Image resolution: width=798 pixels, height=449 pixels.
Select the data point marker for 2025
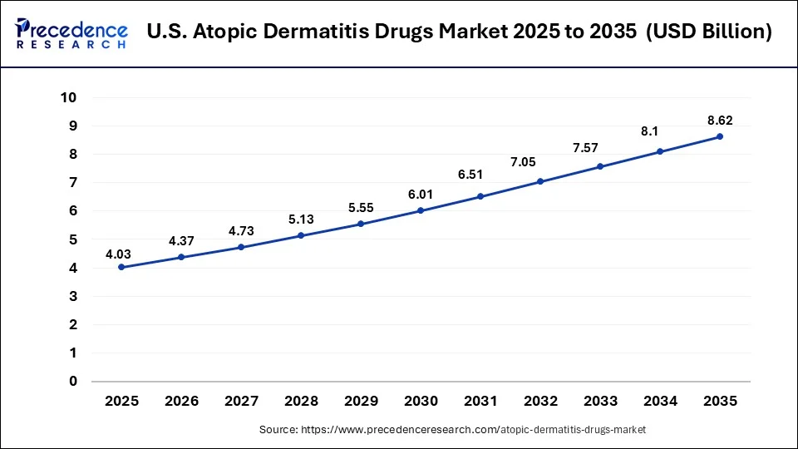[x=121, y=267]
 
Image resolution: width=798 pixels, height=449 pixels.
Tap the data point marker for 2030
[x=421, y=210]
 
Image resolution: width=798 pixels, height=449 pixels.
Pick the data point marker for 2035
[x=720, y=136]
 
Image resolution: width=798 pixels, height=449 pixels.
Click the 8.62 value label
[x=720, y=120]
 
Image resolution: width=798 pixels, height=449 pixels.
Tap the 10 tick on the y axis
[x=69, y=97]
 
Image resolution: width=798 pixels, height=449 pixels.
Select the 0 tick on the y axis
[x=72, y=382]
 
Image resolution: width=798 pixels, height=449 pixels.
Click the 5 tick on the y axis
[x=72, y=239]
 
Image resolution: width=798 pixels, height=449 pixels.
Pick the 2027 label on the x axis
[x=241, y=401]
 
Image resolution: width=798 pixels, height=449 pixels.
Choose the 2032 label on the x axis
[x=540, y=401]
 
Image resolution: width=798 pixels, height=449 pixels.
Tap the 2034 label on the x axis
[x=660, y=401]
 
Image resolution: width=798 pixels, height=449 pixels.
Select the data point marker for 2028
[x=301, y=235]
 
